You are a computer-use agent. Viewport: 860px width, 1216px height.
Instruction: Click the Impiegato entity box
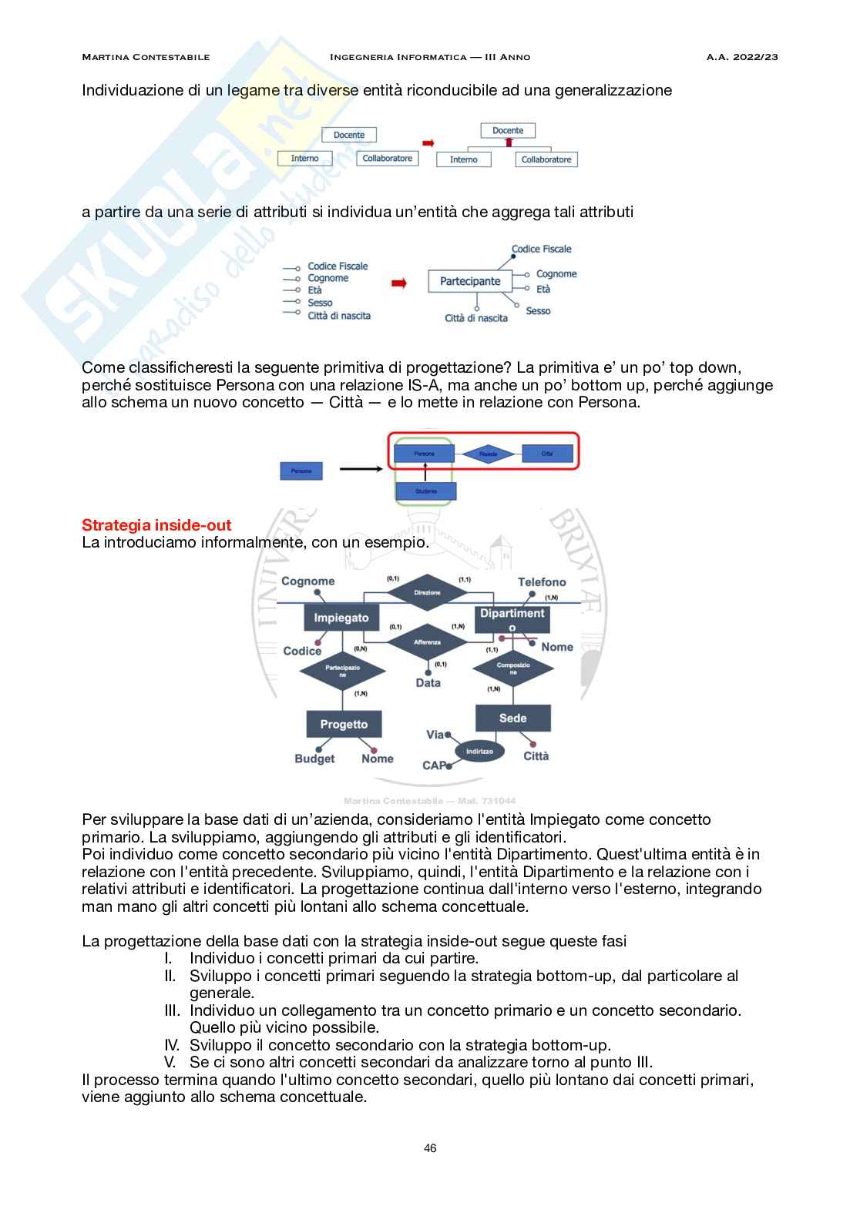pyautogui.click(x=341, y=618)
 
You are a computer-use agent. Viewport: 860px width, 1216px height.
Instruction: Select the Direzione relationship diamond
pyautogui.click(x=427, y=593)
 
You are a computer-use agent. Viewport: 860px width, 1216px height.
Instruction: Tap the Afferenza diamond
pyautogui.click(x=427, y=641)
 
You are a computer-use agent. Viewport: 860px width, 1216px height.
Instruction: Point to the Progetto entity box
pyautogui.click(x=344, y=724)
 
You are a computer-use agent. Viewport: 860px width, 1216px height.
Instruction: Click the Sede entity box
pyautogui.click(x=512, y=718)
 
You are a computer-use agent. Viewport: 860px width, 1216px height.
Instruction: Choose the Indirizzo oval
pyautogui.click(x=479, y=751)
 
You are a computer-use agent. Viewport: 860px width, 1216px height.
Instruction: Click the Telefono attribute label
pyautogui.click(x=542, y=582)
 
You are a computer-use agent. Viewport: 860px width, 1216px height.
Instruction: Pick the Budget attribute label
pyautogui.click(x=314, y=759)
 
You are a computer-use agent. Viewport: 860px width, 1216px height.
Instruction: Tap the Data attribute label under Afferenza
pyautogui.click(x=428, y=683)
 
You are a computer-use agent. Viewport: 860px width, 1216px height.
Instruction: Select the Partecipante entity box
pyautogui.click(x=470, y=282)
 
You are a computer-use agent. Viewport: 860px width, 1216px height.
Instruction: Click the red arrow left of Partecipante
pyautogui.click(x=398, y=283)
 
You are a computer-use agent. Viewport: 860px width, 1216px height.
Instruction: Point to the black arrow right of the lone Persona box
pyautogui.click(x=361, y=468)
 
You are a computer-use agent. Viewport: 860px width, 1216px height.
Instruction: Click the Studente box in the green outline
pyautogui.click(x=425, y=491)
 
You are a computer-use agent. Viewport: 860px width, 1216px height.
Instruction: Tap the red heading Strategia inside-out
pyautogui.click(x=156, y=525)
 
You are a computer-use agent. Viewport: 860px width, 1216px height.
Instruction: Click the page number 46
pyautogui.click(x=430, y=1148)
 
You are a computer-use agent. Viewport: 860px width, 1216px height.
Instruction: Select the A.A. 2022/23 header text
pyautogui.click(x=741, y=57)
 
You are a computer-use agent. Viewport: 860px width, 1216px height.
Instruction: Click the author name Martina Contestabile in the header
pyautogui.click(x=146, y=57)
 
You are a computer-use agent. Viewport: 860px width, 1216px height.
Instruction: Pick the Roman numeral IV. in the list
pyautogui.click(x=172, y=1045)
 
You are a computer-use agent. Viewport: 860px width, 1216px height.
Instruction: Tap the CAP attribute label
pyautogui.click(x=434, y=765)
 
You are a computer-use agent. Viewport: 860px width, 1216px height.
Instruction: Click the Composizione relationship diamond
pyautogui.click(x=513, y=668)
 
